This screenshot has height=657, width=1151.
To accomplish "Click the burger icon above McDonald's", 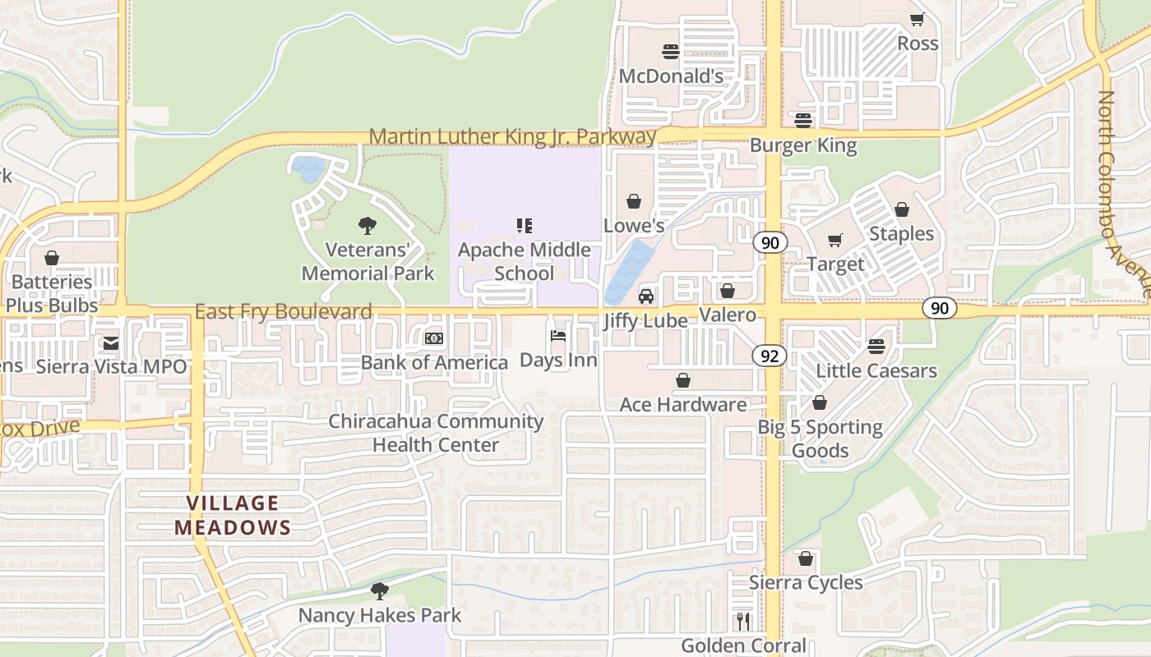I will click(x=670, y=52).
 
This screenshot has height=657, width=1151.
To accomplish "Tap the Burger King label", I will click(x=802, y=146).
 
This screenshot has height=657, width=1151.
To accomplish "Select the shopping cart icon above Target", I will click(x=835, y=241).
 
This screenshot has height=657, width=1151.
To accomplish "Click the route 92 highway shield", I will click(x=769, y=356).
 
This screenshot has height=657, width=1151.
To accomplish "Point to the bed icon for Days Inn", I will click(x=558, y=336).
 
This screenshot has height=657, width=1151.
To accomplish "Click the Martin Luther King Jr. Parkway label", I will click(x=512, y=136).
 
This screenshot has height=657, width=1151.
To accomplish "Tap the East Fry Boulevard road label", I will click(x=284, y=312).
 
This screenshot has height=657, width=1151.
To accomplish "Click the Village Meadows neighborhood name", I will click(x=233, y=515).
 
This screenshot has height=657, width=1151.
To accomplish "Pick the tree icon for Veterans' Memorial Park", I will click(x=367, y=225).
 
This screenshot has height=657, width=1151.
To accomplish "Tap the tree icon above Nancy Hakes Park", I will click(x=379, y=590).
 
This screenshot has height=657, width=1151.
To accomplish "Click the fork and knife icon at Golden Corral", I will click(x=743, y=622).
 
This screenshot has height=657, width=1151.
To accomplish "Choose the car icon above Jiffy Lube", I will click(x=646, y=296).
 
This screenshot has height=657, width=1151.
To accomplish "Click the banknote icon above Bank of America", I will click(x=434, y=338).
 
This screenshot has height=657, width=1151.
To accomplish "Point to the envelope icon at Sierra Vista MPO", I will click(x=110, y=343).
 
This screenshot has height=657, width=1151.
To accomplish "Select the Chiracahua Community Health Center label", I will click(x=436, y=433).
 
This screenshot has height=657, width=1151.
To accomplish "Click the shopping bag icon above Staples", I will click(x=902, y=209).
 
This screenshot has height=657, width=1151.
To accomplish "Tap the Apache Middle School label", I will click(x=524, y=261).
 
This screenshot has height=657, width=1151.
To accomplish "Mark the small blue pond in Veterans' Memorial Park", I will click(x=309, y=168).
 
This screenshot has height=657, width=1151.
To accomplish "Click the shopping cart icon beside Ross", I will click(x=918, y=19).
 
